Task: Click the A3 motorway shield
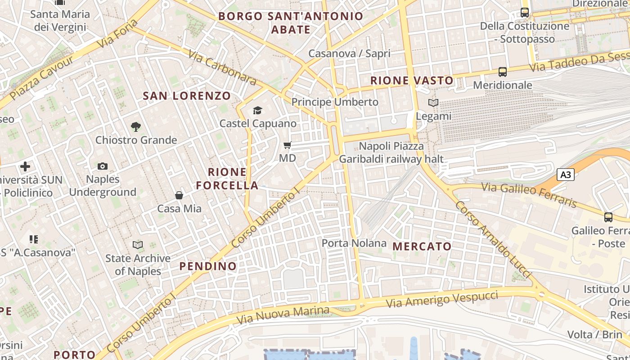coord(566,175)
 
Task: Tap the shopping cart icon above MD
coord(288,145)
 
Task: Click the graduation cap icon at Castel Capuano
coord(257,110)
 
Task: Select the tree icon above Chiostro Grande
coord(135,127)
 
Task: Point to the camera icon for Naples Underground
coord(103,166)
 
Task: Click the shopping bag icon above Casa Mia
coord(179,195)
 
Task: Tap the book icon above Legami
coord(433,103)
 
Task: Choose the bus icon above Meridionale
coord(502,72)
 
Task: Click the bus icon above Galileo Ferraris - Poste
coord(608,217)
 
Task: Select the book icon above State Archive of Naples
coord(138,245)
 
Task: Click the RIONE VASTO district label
coord(412,81)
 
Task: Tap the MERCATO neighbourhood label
coord(422,246)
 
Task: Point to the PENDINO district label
coord(208,266)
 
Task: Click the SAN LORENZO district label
coord(187,95)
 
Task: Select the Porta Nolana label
coord(354,243)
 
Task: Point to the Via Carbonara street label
coord(222,67)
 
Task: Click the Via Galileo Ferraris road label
coord(529,195)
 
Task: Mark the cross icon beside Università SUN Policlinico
coord(25,166)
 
